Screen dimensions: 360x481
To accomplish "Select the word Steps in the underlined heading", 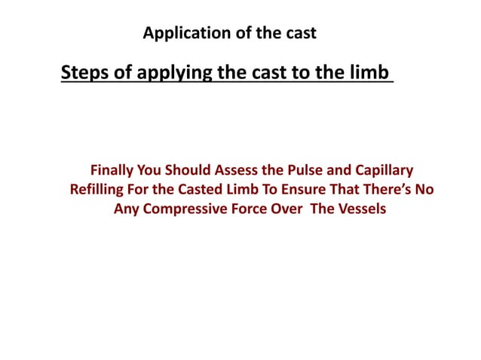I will click(84, 74).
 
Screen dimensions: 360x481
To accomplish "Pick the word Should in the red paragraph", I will click(198, 171).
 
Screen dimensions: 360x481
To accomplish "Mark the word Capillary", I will click(384, 171).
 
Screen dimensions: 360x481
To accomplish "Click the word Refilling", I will click(99, 190).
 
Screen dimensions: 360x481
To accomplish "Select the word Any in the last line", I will click(126, 209).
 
